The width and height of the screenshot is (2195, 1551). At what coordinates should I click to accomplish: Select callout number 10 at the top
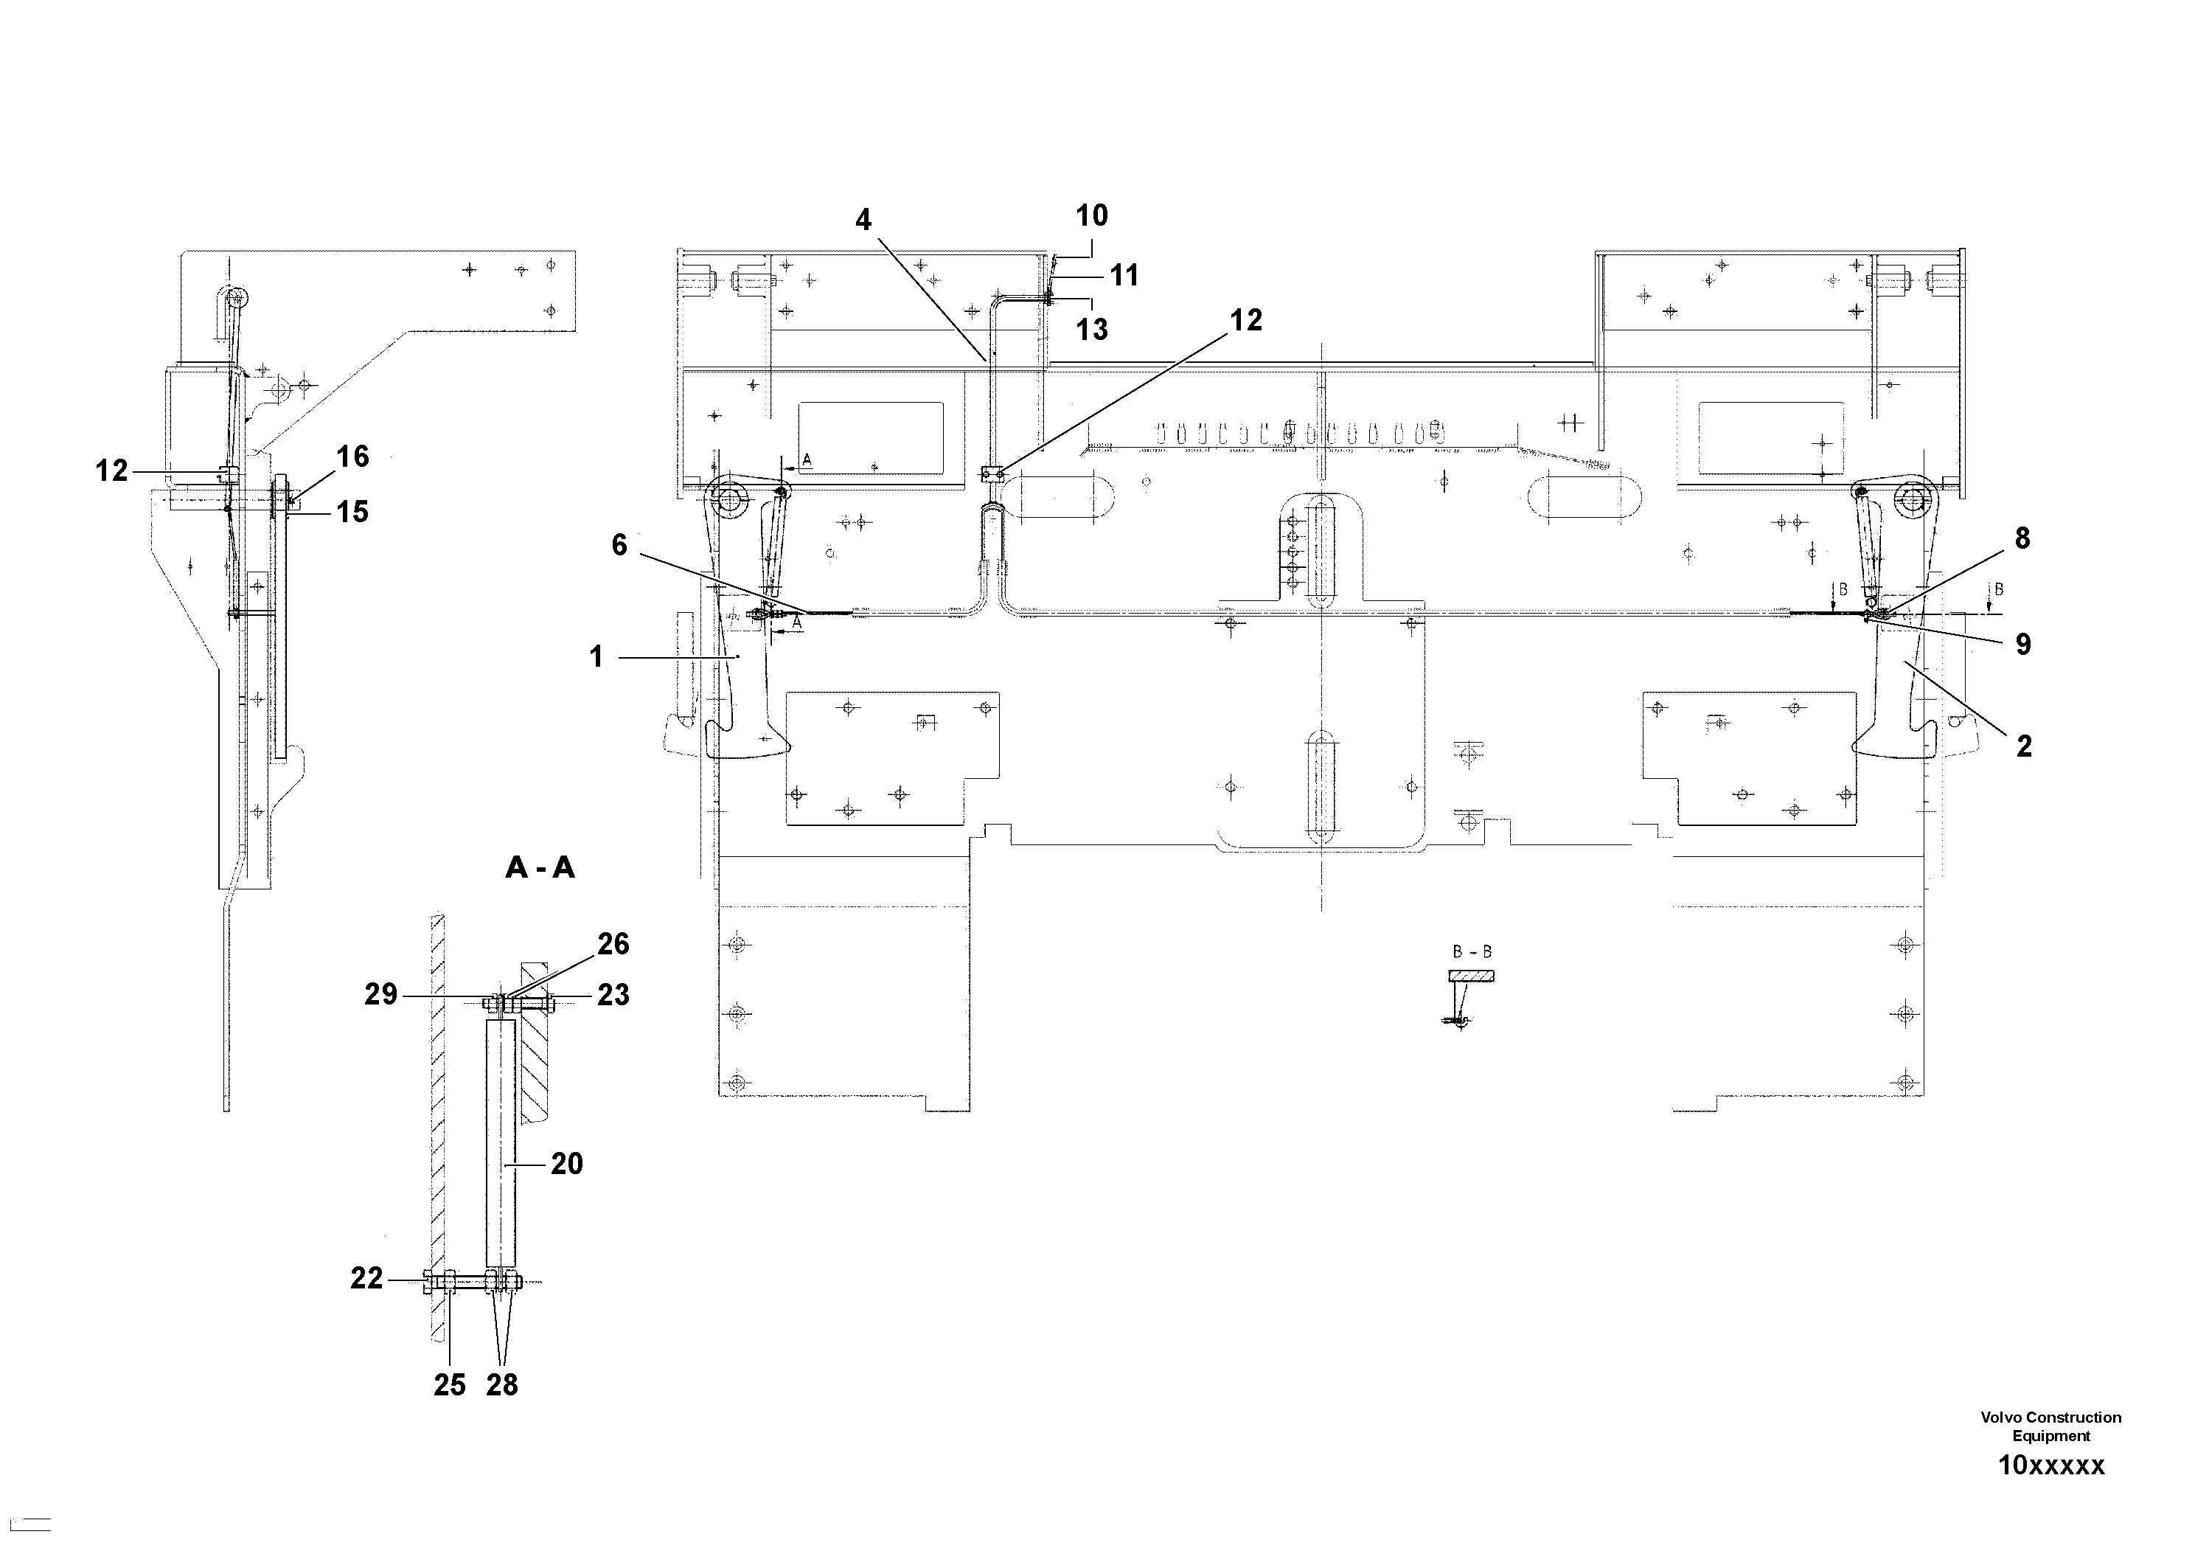(x=1092, y=216)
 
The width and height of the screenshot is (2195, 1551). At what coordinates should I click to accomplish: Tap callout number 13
(x=1092, y=330)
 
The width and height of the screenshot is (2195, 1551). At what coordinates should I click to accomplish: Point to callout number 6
(x=619, y=545)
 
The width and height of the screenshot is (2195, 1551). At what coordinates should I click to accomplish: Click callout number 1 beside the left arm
(x=596, y=657)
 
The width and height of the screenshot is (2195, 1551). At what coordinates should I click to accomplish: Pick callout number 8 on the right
(x=2022, y=538)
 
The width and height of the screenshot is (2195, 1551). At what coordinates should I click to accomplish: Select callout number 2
(x=2024, y=746)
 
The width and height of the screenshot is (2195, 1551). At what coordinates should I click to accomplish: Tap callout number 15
(x=352, y=512)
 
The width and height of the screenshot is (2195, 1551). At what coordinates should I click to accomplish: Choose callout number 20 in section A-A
(x=567, y=1164)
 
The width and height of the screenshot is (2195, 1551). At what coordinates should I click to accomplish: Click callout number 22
(x=366, y=1278)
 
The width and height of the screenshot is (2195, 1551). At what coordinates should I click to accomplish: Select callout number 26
(x=613, y=944)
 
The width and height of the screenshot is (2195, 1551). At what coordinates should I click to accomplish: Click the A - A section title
(x=540, y=868)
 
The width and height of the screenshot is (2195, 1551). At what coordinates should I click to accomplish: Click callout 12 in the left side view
(x=112, y=471)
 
